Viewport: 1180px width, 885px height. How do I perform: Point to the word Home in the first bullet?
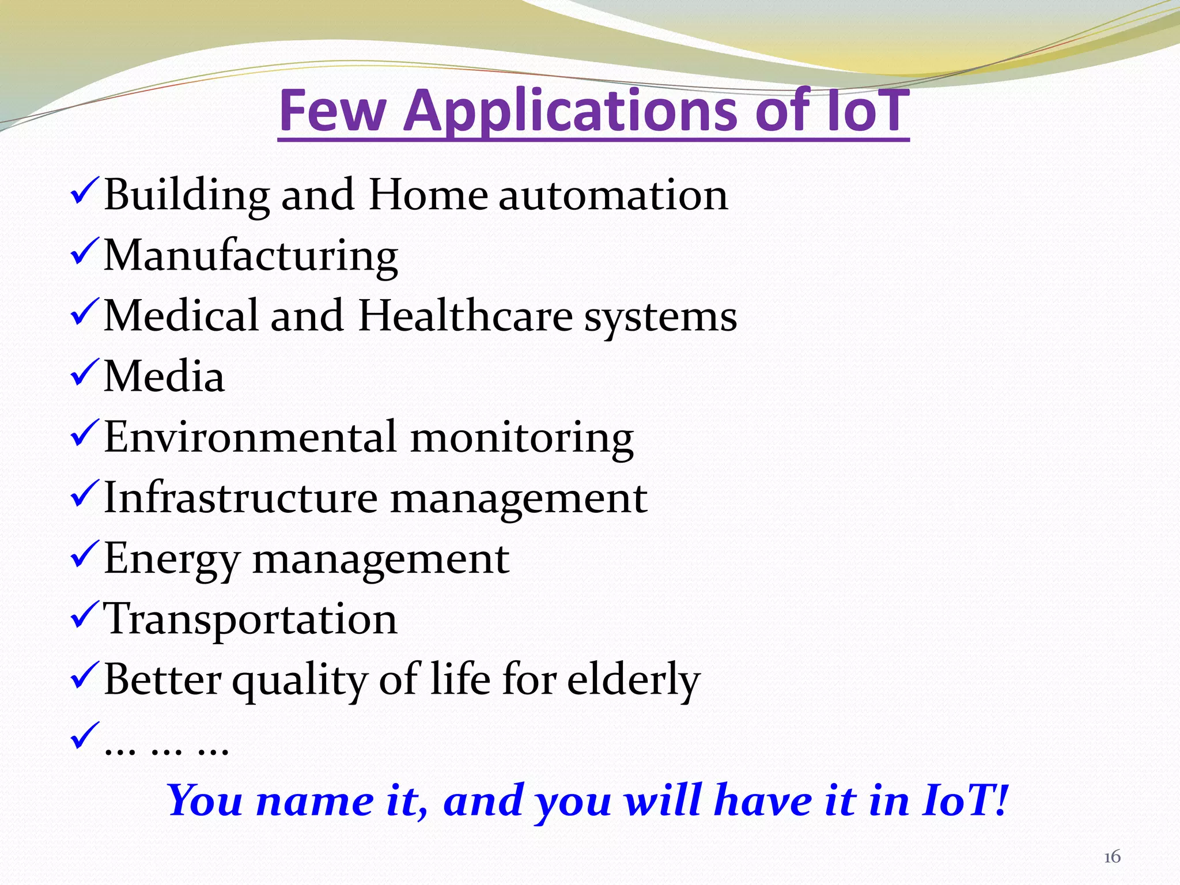(x=428, y=195)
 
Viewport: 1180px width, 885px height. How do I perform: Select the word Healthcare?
(x=466, y=316)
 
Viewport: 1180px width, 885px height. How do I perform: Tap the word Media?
(x=164, y=376)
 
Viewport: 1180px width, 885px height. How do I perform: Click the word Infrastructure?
(x=240, y=497)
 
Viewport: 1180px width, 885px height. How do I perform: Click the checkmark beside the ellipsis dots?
(x=85, y=735)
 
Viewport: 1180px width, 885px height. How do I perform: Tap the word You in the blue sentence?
(x=205, y=801)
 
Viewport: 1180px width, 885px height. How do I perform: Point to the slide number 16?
(x=1112, y=857)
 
